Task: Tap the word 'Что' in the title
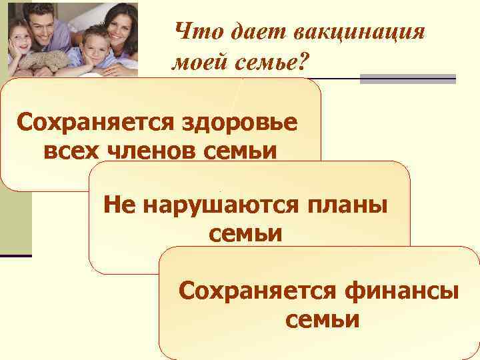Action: pos(192,31)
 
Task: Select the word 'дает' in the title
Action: pos(241,31)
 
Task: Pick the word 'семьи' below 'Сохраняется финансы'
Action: pos(323,320)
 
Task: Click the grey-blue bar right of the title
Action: pos(407,78)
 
